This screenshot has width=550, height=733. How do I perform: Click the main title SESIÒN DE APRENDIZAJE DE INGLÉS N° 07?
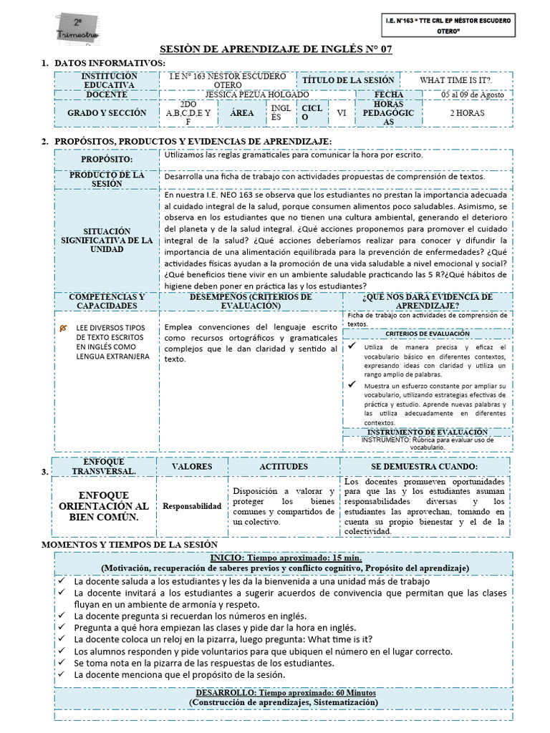[275, 49]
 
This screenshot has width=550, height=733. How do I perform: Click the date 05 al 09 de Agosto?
[473, 94]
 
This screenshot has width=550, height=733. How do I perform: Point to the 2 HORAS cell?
[466, 113]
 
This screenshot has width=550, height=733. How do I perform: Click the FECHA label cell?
[389, 94]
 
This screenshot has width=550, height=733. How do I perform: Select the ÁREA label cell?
[242, 113]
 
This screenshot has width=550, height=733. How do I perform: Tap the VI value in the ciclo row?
[341, 113]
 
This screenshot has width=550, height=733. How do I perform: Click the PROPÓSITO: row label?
[107, 159]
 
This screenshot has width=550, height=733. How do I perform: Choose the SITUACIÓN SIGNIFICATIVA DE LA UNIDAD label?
[107, 241]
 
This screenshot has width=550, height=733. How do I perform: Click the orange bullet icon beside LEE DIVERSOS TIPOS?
[64, 327]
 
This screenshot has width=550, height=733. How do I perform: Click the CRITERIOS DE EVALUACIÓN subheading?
[428, 334]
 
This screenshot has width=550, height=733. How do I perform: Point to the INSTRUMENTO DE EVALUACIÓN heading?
[428, 432]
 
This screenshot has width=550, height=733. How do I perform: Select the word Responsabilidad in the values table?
[192, 506]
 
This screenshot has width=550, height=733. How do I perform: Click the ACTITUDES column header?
[283, 467]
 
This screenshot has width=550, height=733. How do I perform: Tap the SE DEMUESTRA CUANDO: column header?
[425, 467]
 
